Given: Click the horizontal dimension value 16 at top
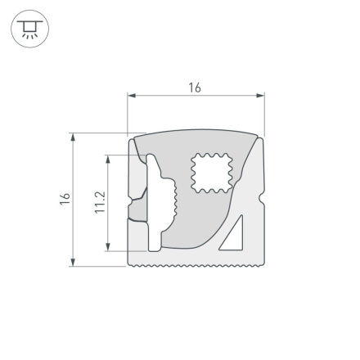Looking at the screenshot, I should pyautogui.click(x=195, y=88).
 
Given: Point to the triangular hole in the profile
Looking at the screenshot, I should pyautogui.click(x=234, y=236).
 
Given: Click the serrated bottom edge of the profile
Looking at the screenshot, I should pyautogui.click(x=196, y=266).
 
